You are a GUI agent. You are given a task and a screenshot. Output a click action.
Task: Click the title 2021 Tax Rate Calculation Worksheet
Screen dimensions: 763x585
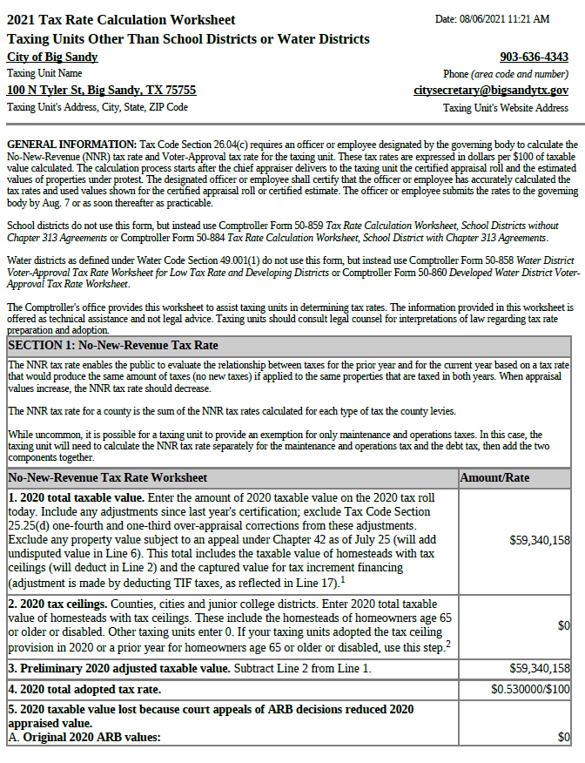point(121,20)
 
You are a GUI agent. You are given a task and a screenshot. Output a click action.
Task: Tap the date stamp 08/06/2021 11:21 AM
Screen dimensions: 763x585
point(493,19)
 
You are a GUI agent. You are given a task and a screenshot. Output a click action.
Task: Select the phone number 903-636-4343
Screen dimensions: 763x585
point(534,57)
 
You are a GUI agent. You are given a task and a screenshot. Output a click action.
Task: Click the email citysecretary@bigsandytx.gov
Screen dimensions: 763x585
point(491,91)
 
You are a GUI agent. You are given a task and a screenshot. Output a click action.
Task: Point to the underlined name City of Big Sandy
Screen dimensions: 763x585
point(52,57)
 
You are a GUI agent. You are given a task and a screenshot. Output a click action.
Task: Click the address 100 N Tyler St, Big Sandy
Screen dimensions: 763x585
point(101,91)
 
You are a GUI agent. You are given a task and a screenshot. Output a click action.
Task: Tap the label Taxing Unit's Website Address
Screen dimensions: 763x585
point(505,108)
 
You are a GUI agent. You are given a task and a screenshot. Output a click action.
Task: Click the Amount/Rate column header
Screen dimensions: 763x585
point(494,478)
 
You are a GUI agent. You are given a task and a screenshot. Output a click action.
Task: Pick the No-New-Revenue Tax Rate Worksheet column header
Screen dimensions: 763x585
point(107,478)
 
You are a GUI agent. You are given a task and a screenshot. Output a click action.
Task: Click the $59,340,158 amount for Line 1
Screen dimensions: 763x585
point(540,541)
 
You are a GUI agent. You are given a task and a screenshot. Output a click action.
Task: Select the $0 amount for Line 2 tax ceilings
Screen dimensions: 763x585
point(563,626)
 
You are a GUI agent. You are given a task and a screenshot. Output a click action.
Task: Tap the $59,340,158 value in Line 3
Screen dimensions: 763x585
point(540,669)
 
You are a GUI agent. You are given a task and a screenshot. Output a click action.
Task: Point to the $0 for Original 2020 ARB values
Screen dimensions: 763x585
point(563,738)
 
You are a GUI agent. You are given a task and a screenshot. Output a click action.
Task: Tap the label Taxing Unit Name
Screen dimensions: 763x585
point(44,74)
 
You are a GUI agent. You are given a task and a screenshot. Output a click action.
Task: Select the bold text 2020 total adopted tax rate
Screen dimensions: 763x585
point(91,689)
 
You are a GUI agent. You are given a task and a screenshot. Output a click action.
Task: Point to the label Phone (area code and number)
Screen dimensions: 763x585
point(505,74)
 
